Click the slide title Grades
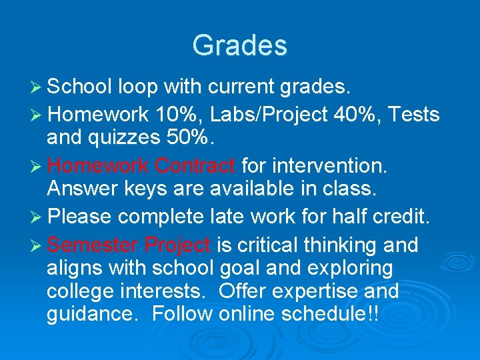[239, 45]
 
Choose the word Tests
[413, 115]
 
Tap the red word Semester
[93, 245]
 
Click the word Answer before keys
[84, 189]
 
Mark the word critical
[266, 245]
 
